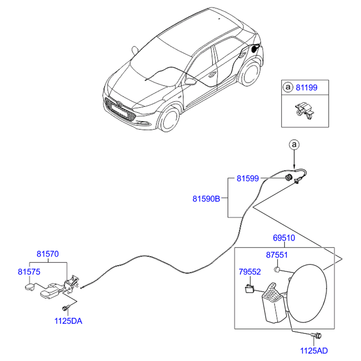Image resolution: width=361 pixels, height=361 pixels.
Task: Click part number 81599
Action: click(248, 178)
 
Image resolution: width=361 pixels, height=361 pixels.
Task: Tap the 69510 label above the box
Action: click(283, 238)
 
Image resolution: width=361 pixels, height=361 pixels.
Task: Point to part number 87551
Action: click(277, 255)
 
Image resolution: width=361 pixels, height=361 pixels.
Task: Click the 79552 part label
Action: click(250, 271)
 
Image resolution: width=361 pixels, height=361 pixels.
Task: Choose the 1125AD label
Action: click(314, 350)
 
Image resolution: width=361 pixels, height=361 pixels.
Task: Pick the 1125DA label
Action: click(68, 321)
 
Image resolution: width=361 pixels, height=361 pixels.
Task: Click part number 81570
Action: click(48, 254)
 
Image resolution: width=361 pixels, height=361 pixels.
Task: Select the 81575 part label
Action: click(29, 271)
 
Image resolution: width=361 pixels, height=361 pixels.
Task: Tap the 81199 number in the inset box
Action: click(307, 87)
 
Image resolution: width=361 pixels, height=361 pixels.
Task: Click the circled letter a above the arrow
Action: click(294, 145)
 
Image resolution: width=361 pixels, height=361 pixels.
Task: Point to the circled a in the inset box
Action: click(288, 87)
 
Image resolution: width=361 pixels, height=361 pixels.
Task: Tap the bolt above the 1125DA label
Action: click(65, 308)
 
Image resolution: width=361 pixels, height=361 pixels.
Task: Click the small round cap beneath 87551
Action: click(277, 269)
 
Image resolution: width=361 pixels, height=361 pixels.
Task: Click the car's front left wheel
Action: click(169, 119)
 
